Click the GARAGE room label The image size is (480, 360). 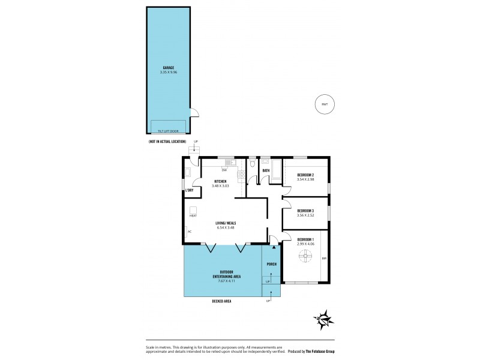point(168,68)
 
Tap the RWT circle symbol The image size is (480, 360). point(325,104)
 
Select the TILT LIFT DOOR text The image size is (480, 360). point(168,130)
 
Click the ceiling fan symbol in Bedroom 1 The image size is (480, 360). point(305,257)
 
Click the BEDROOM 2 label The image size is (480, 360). point(305,175)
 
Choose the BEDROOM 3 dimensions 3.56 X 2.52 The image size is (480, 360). point(305,215)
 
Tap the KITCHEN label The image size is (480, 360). point(220,181)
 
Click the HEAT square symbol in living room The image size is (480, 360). point(193,210)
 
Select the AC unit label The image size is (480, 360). point(190,231)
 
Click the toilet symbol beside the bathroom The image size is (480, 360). point(253,163)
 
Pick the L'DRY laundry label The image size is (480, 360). point(190,190)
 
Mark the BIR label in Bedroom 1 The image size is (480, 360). point(324,259)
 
